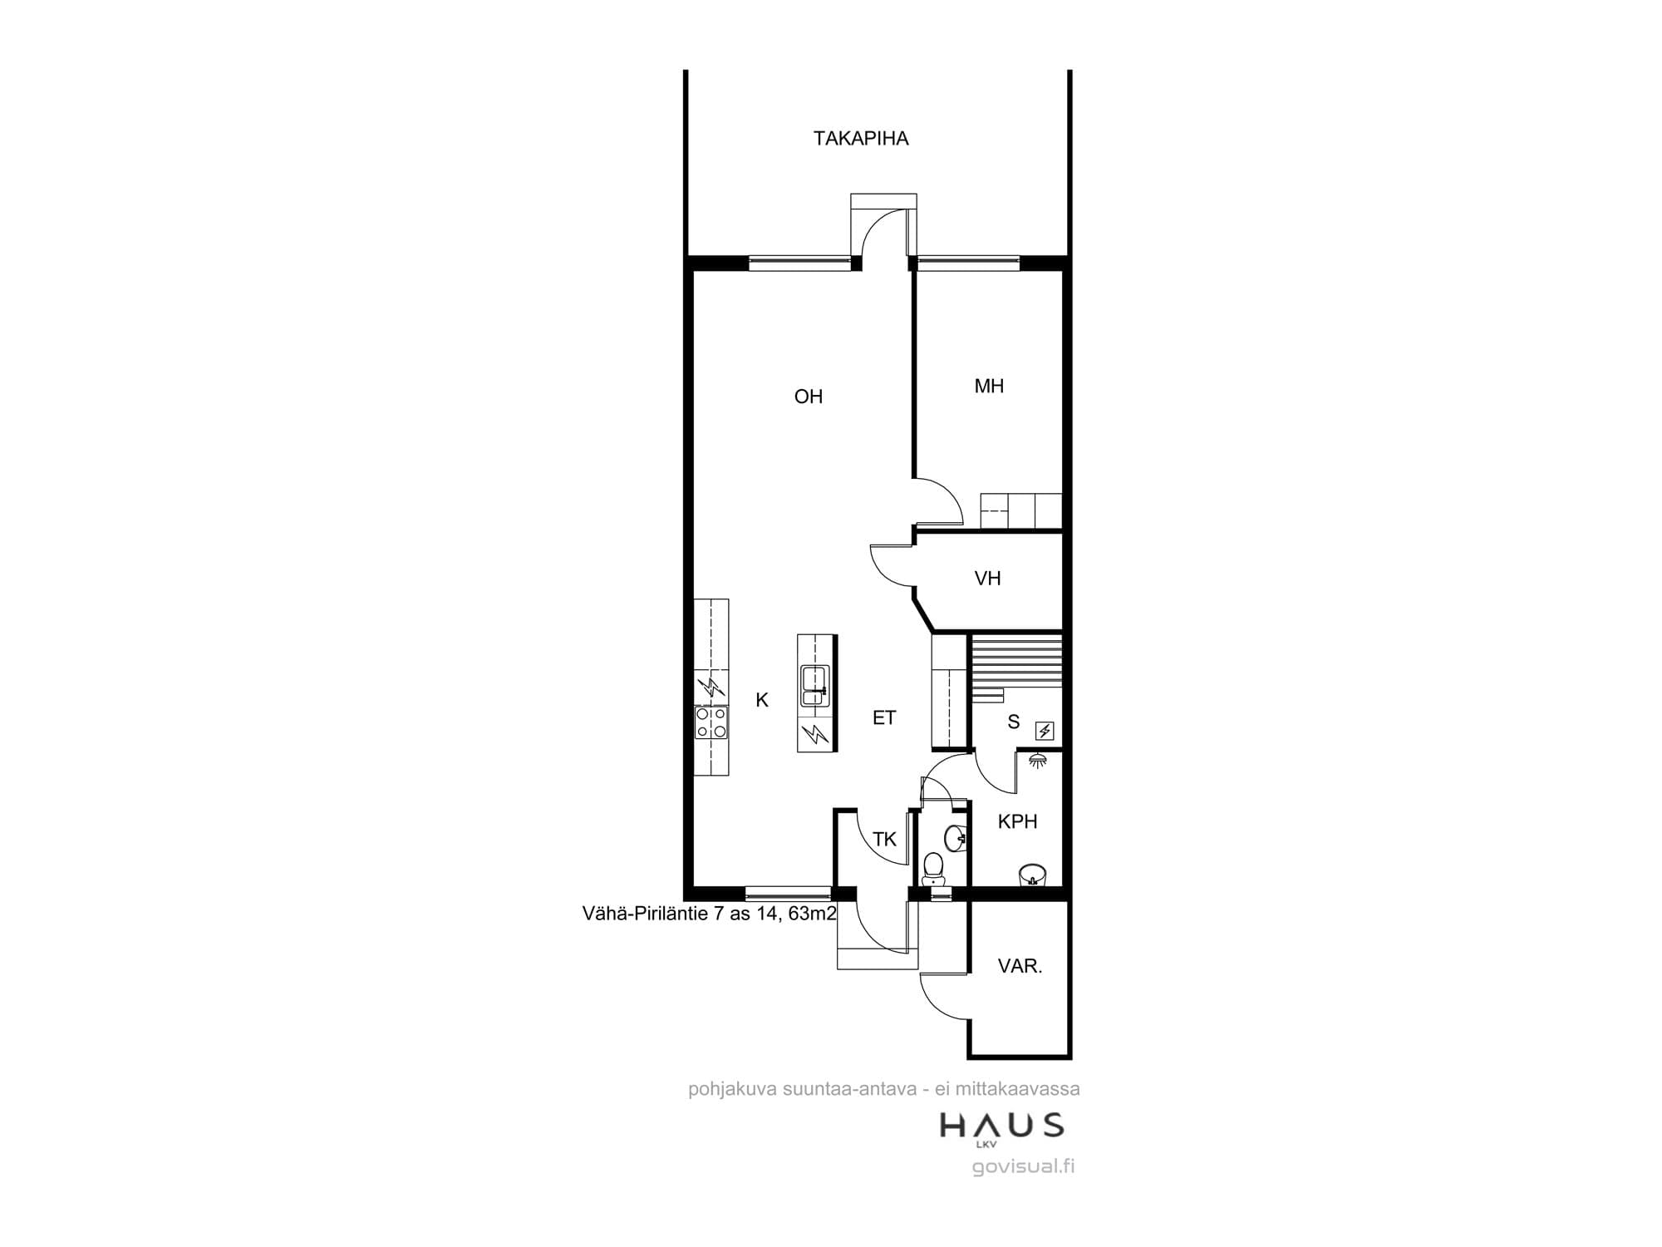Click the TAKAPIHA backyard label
pos(861,138)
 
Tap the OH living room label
pos(809,397)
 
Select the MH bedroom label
pos(989,386)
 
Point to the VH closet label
pos(987,579)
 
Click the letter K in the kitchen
pos(762,701)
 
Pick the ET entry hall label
pos(884,717)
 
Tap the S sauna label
pos(1013,722)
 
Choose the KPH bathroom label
pos(1017,821)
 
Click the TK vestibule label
pos(885,840)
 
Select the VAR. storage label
pos(1020,966)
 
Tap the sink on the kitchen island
pos(815,686)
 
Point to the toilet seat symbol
pos(933,868)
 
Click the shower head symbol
pos(1036,759)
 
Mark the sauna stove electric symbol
pos(1045,732)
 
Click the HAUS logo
pos(1001,1126)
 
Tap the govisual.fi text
pos(1023,1166)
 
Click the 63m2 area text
pos(812,914)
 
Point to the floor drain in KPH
pos(1032,874)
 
